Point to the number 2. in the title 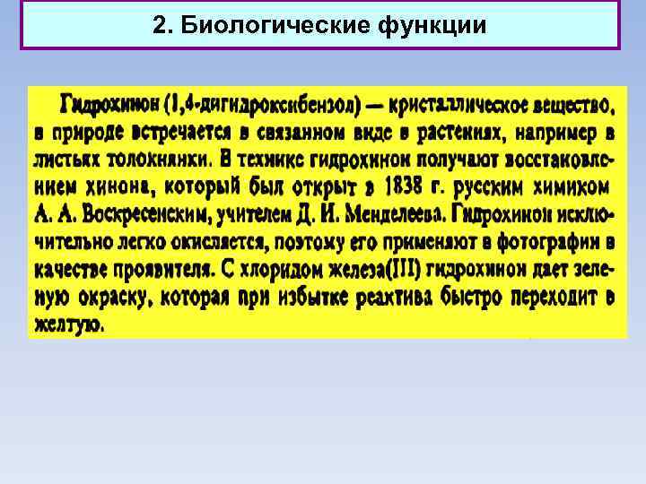click(x=162, y=25)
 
